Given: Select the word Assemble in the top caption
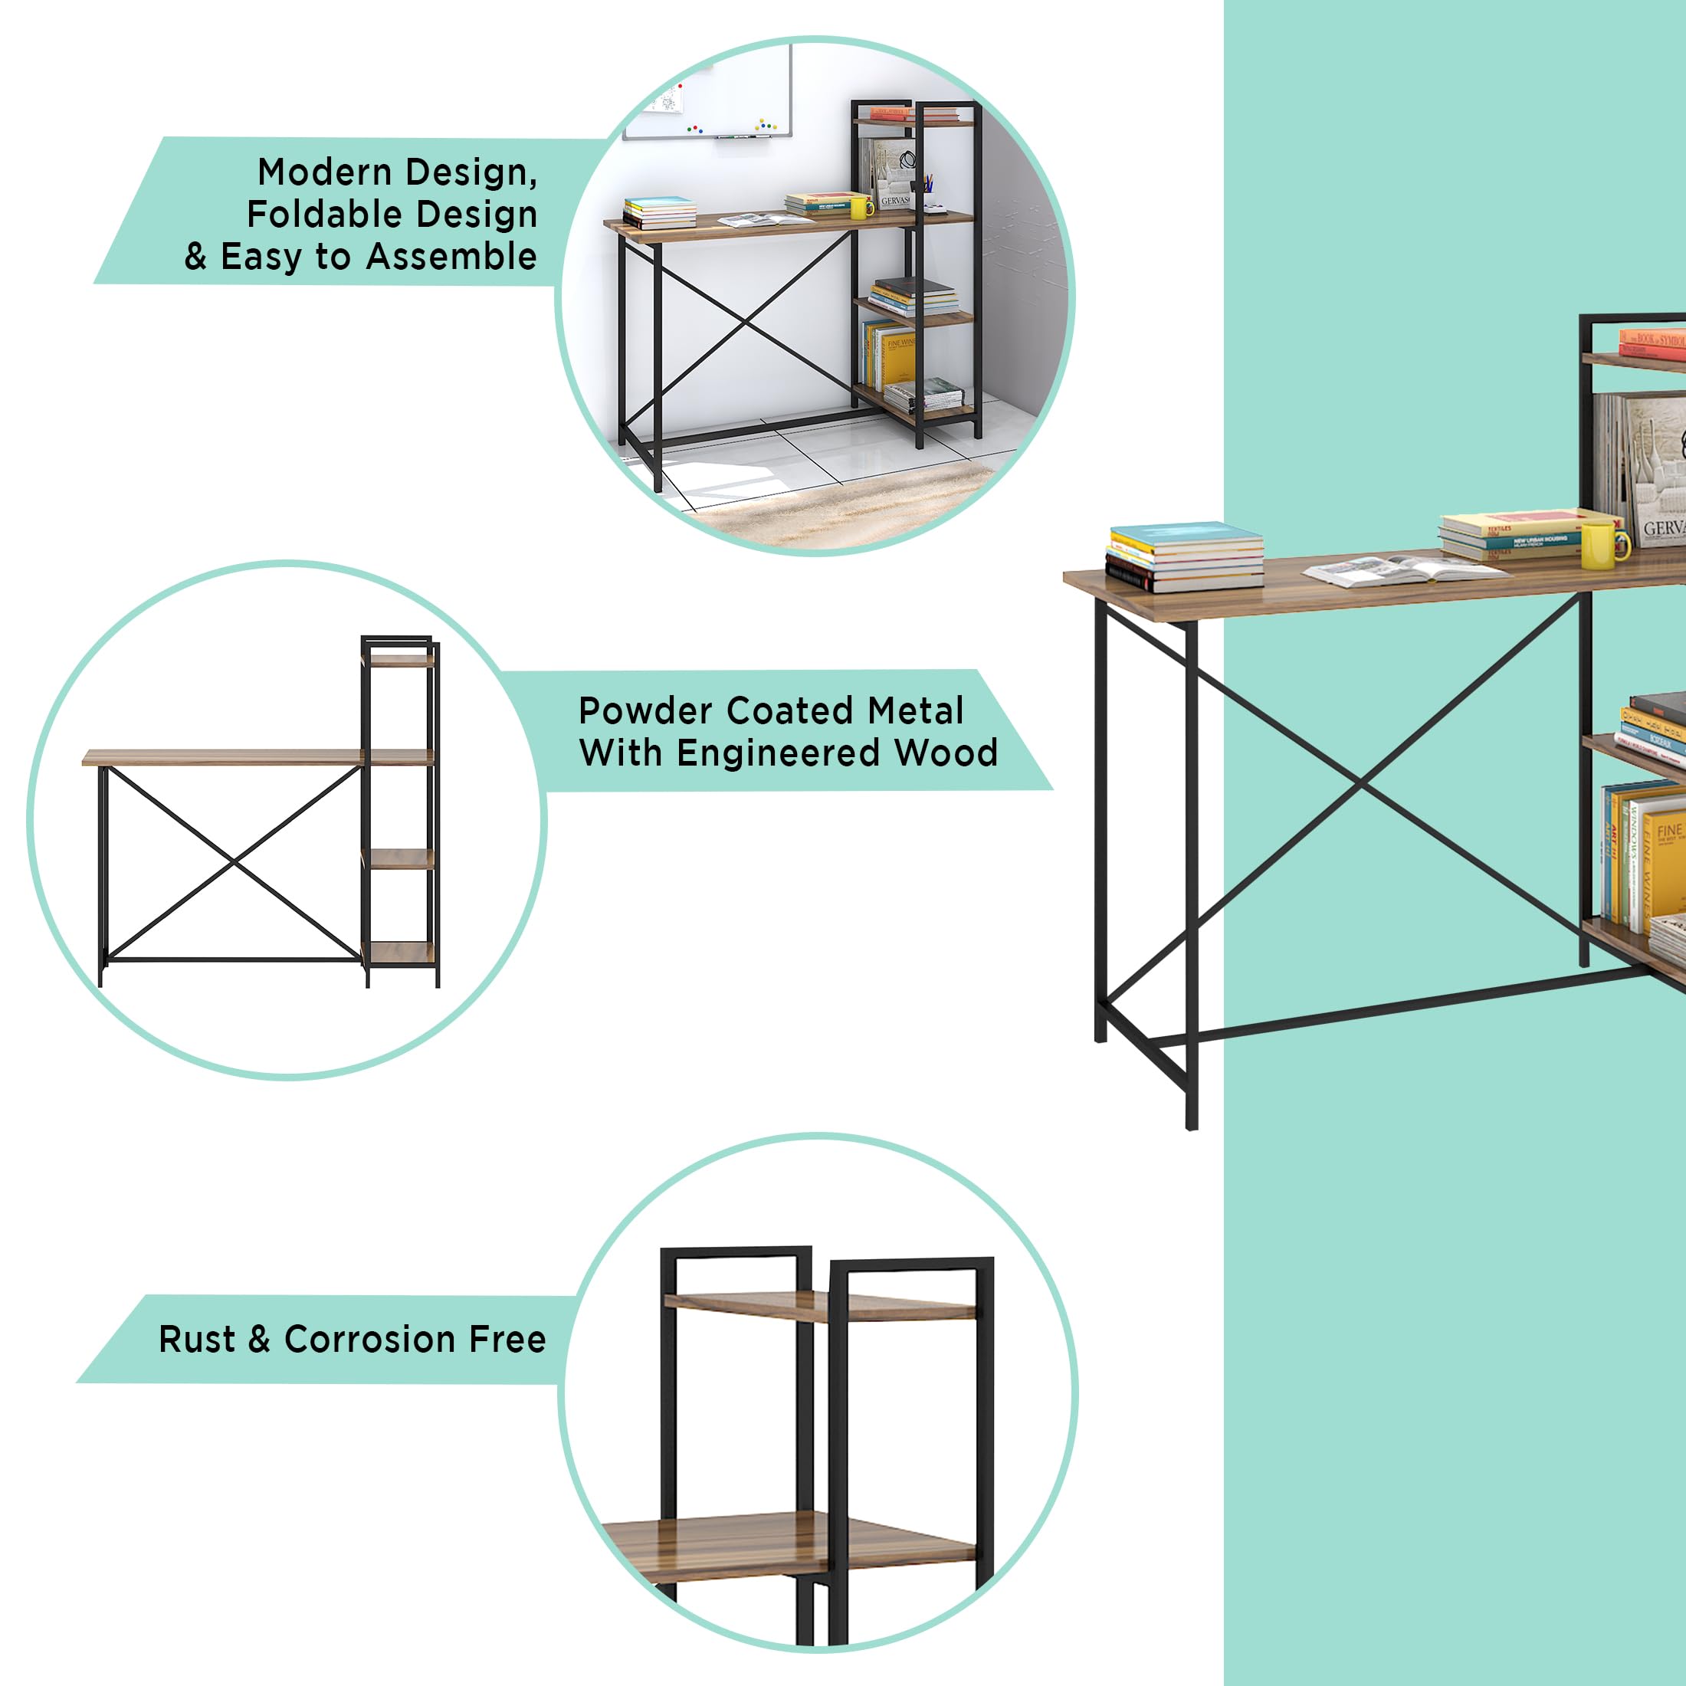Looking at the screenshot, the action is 451,257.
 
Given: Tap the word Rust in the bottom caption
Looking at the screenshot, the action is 196,1340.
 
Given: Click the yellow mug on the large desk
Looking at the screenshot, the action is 1602,543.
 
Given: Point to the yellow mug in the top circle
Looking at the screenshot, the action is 860,208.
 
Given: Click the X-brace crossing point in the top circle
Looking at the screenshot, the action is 746,323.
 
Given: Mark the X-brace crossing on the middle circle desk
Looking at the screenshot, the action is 234,863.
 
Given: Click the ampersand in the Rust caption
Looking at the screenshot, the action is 259,1340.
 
